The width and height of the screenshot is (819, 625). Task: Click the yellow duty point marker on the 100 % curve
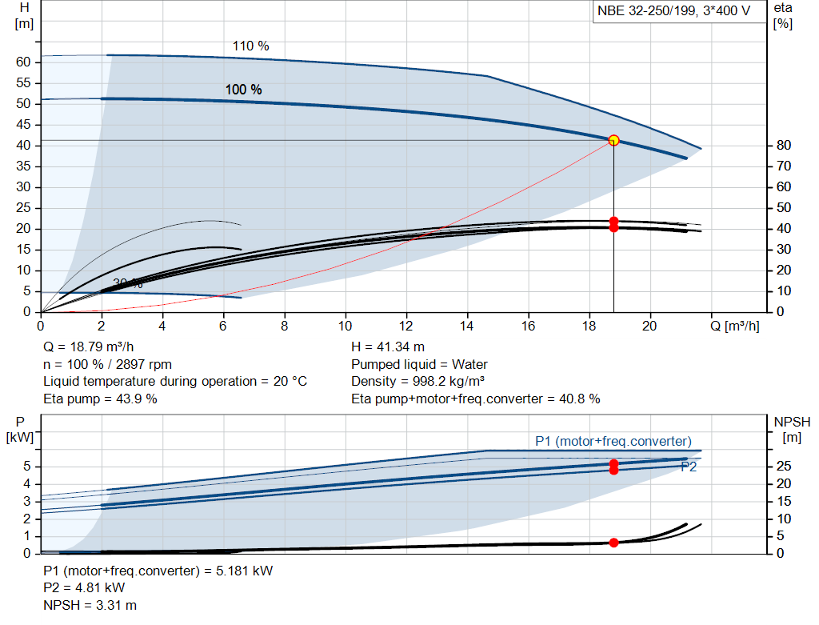613,140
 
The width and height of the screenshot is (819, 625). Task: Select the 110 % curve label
250,46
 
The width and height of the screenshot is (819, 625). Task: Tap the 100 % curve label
243,90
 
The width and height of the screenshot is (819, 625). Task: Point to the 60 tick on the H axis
23,62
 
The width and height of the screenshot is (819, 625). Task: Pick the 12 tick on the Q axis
406,326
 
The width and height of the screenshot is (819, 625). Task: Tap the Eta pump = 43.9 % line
100,399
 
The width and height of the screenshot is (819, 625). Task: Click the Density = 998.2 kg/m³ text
418,382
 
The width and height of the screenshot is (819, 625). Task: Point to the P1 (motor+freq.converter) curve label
613,441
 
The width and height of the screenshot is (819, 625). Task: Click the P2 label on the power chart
688,467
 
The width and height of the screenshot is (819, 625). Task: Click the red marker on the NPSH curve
613,543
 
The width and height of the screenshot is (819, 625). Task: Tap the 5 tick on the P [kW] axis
28,467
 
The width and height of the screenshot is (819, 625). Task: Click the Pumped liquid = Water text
419,364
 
